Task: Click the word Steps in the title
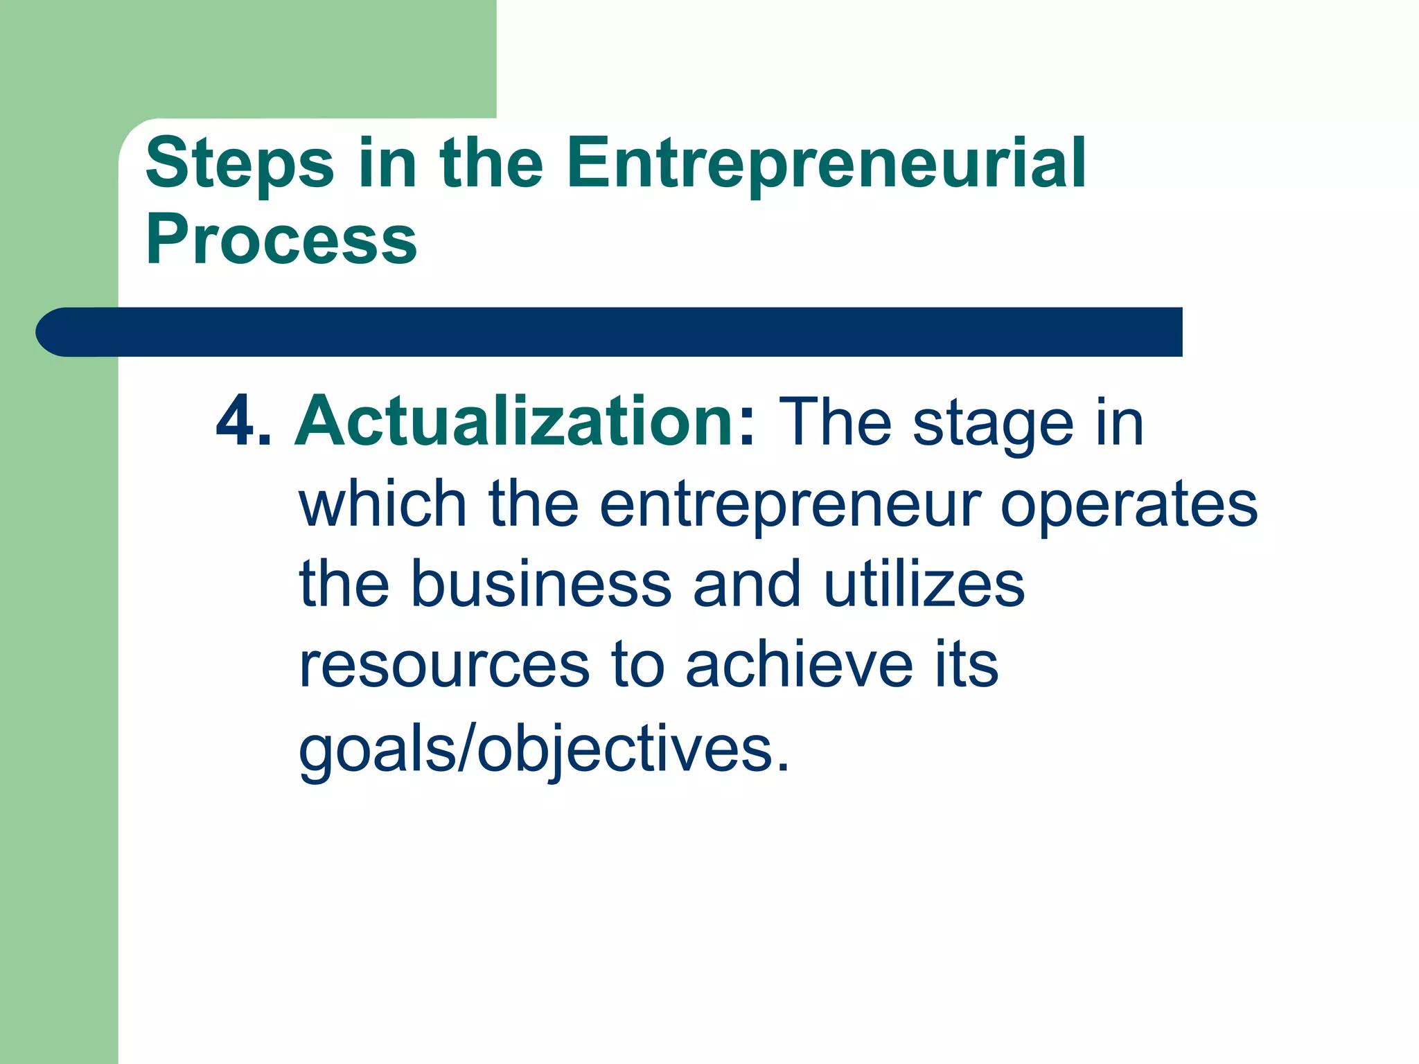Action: click(x=240, y=163)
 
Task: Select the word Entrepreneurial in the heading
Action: click(x=826, y=163)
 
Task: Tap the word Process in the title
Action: click(x=281, y=240)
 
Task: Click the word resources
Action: click(x=444, y=666)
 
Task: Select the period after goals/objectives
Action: click(x=782, y=766)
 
